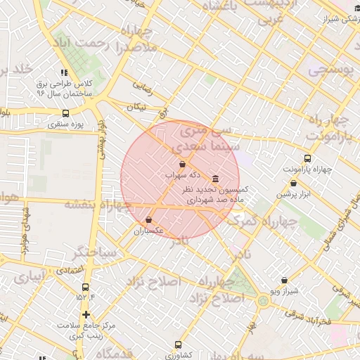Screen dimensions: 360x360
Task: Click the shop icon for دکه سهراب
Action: pos(183,163)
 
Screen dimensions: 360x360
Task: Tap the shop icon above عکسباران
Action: pos(148,220)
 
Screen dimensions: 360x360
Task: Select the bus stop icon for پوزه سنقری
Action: pos(65,113)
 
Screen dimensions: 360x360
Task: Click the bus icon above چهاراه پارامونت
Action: pos(307,158)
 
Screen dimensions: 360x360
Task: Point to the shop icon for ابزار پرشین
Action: pos(293,184)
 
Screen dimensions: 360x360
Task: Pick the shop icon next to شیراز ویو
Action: pos(283,280)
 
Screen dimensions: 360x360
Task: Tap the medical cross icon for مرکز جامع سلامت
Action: pos(86,315)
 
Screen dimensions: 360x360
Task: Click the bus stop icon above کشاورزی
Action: pos(177,345)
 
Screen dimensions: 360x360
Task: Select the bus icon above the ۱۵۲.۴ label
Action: pos(86,287)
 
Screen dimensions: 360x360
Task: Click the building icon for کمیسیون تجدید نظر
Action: pos(214,179)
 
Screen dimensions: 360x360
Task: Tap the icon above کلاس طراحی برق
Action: pos(64,72)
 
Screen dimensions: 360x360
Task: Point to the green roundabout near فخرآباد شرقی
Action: pos(263,301)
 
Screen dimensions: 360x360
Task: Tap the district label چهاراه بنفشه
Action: pos(98,205)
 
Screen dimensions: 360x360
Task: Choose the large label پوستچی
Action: pos(330,70)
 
